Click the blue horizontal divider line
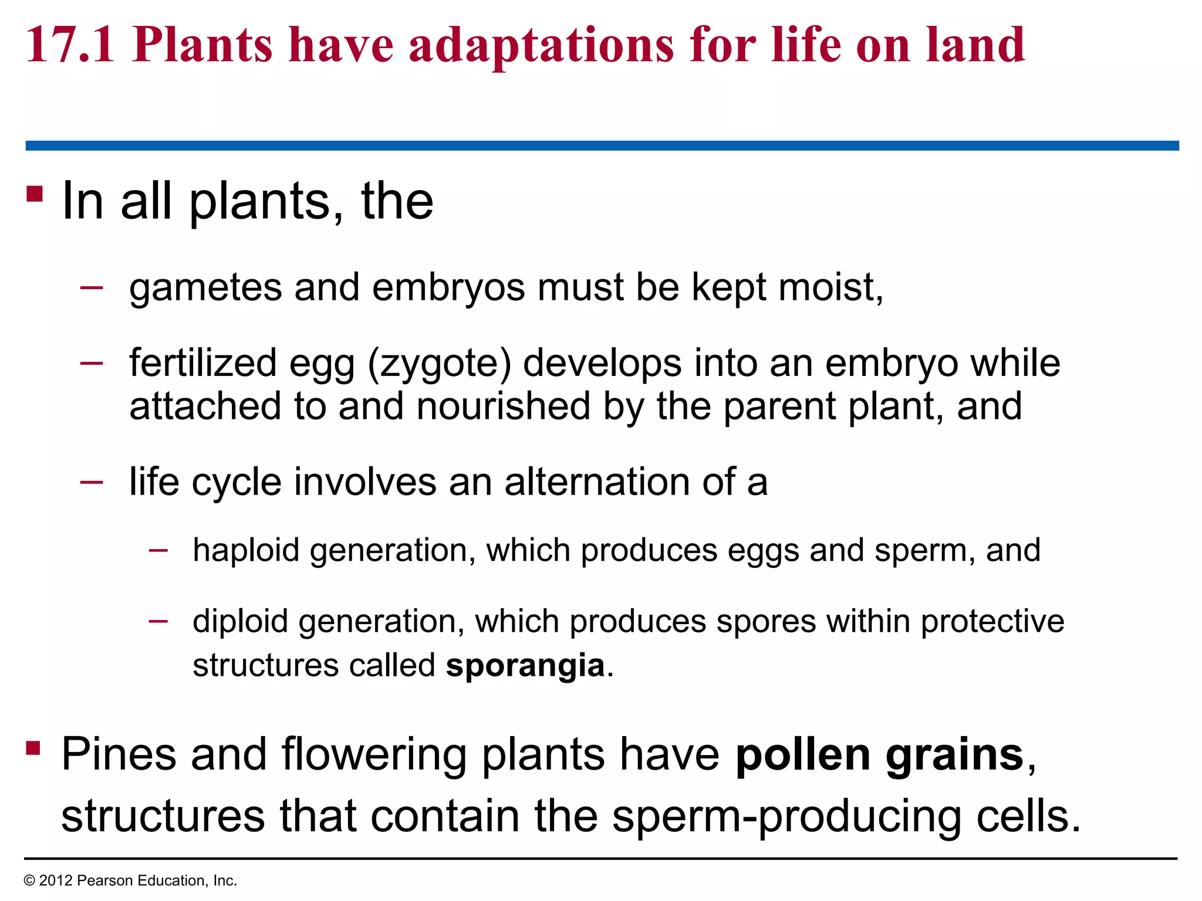coord(601,145)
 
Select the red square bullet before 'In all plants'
coord(35,194)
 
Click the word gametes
coord(205,289)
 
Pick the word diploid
coord(240,622)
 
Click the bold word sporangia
coord(525,666)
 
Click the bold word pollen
coord(803,754)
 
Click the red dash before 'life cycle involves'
coord(92,482)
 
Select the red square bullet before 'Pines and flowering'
coord(33,748)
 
